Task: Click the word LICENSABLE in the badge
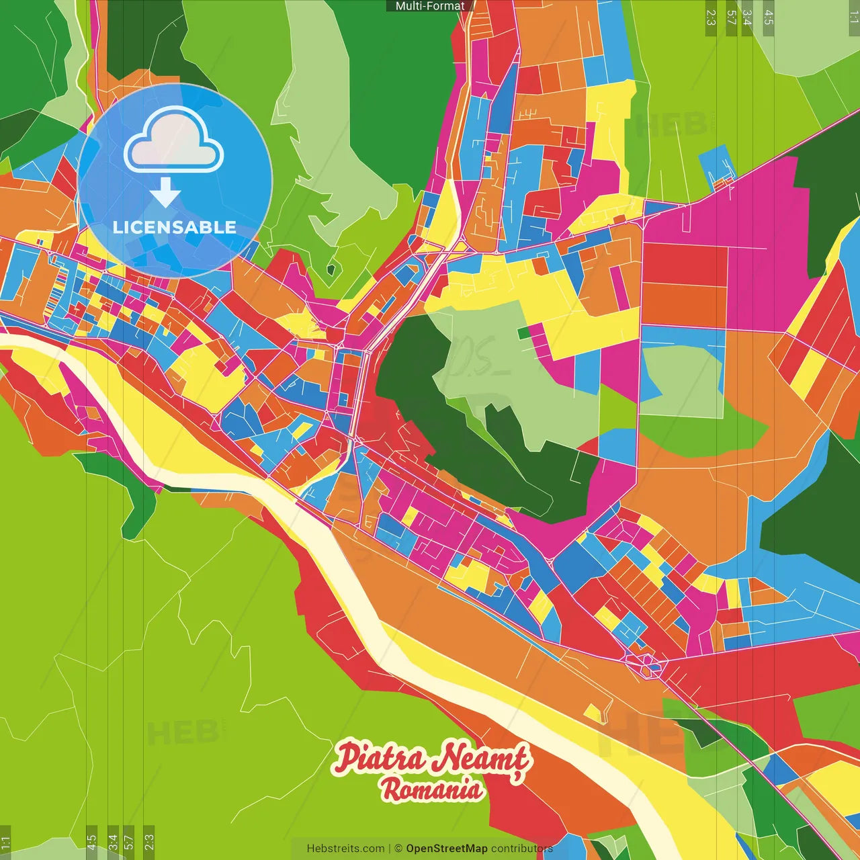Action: (174, 227)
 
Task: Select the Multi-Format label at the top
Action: (430, 6)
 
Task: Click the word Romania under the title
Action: (432, 789)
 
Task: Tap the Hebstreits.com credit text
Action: (345, 849)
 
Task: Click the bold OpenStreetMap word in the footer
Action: (446, 849)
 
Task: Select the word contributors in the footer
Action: (521, 849)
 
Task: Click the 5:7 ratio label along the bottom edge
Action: (128, 842)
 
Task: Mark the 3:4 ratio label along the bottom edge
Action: (113, 842)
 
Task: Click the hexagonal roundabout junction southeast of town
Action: (646, 664)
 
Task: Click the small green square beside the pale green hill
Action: (523, 333)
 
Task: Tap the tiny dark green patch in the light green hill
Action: (330, 270)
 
